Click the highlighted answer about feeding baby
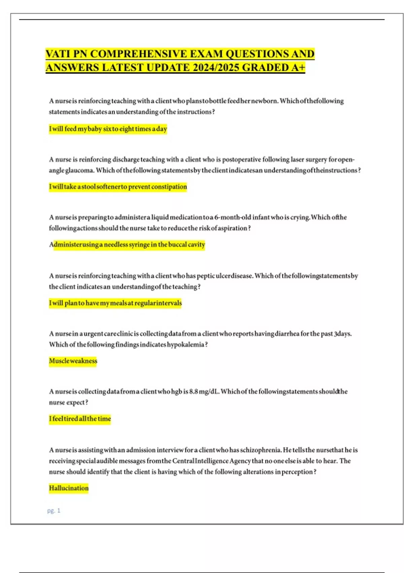coord(108,129)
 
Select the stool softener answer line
coord(118,187)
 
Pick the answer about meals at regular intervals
coord(115,303)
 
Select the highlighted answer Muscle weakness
coord(73,361)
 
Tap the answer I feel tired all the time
coord(80,419)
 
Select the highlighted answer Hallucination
coord(69,488)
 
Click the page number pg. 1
coord(54,511)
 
